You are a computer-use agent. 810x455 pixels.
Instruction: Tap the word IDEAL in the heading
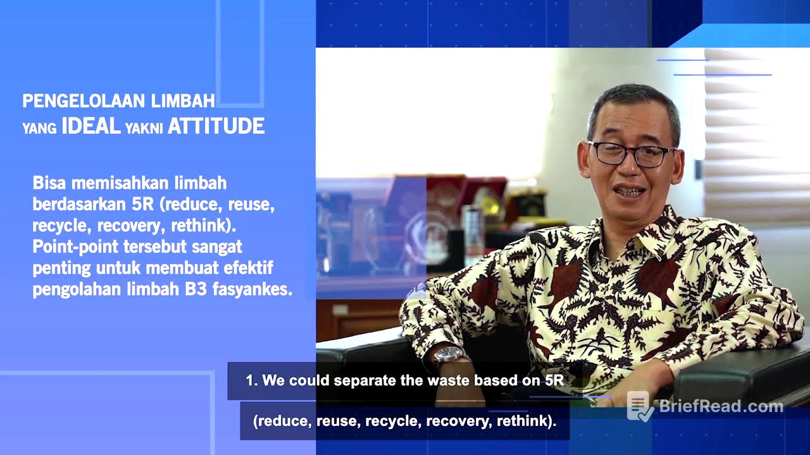tap(90, 126)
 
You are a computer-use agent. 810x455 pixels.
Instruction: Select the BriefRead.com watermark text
tap(721, 406)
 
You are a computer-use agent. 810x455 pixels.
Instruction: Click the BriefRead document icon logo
tap(639, 406)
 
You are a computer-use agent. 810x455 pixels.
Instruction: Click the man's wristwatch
tap(449, 355)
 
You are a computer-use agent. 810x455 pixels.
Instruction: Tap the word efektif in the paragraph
tap(250, 268)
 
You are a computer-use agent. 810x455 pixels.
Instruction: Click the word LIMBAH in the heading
tap(183, 100)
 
